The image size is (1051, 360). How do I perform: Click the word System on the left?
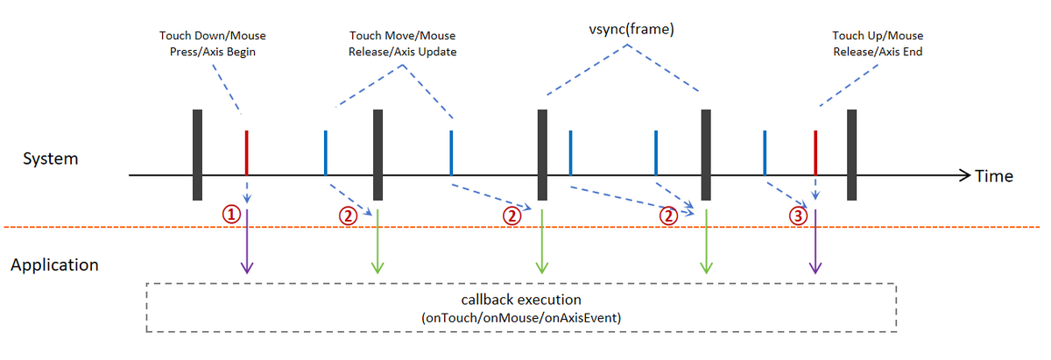[50, 159]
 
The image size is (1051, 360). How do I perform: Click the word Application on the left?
[54, 265]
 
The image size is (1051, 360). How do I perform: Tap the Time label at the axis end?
[994, 176]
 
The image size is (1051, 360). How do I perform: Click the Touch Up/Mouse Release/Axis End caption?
[878, 44]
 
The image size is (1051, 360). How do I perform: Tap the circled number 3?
[798, 215]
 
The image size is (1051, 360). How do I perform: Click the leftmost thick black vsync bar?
[197, 154]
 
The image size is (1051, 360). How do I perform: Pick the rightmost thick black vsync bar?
[851, 154]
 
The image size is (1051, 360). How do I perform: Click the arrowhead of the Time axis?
[965, 175]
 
